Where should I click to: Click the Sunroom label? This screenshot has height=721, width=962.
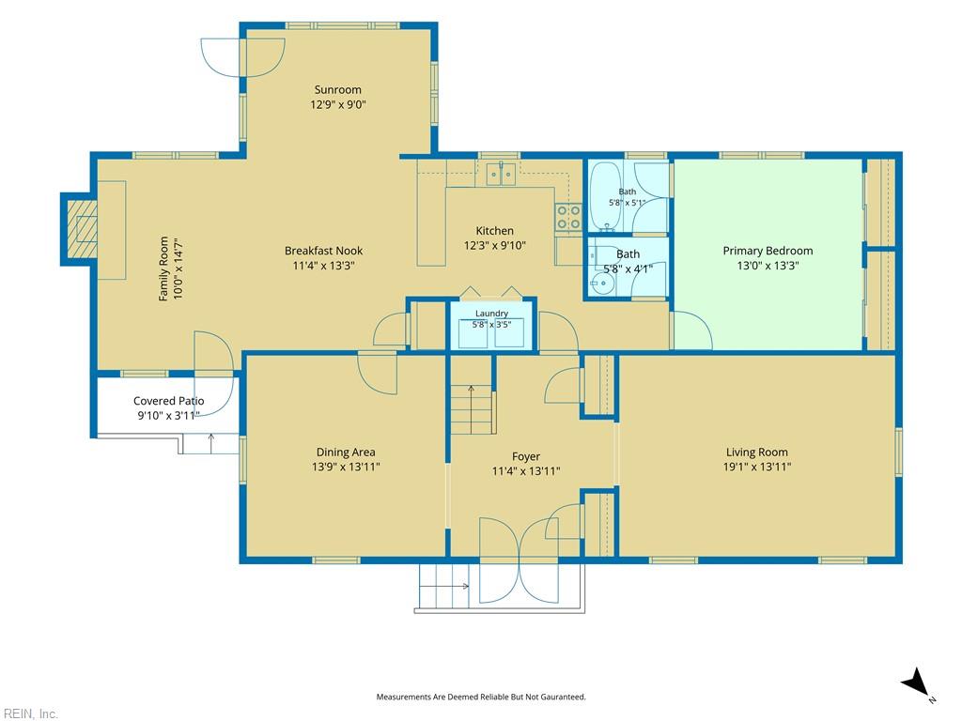coord(337,89)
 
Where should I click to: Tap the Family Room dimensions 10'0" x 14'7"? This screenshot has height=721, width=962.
coord(178,268)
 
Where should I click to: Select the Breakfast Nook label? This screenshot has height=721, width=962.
coord(323,251)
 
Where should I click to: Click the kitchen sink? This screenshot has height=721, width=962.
coord(502,174)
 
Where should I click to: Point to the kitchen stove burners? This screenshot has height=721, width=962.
coord(568,218)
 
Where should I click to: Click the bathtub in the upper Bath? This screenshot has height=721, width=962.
coord(606,196)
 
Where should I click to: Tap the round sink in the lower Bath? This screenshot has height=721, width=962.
coord(602,283)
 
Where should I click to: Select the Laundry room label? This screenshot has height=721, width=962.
coord(491,314)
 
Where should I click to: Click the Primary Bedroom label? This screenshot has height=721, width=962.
coord(768,251)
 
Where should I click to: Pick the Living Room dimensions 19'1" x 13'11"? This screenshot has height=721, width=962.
coord(756,468)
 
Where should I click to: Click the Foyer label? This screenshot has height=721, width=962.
coord(526,457)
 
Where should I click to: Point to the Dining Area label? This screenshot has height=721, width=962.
coord(346,453)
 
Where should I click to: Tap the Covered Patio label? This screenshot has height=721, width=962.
coord(169,401)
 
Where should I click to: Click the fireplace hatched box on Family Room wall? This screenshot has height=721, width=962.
coord(83,229)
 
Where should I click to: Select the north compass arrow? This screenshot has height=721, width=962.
coord(914,682)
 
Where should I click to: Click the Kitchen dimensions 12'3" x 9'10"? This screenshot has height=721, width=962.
coord(494,246)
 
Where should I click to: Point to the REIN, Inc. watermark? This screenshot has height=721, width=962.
coord(29,713)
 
